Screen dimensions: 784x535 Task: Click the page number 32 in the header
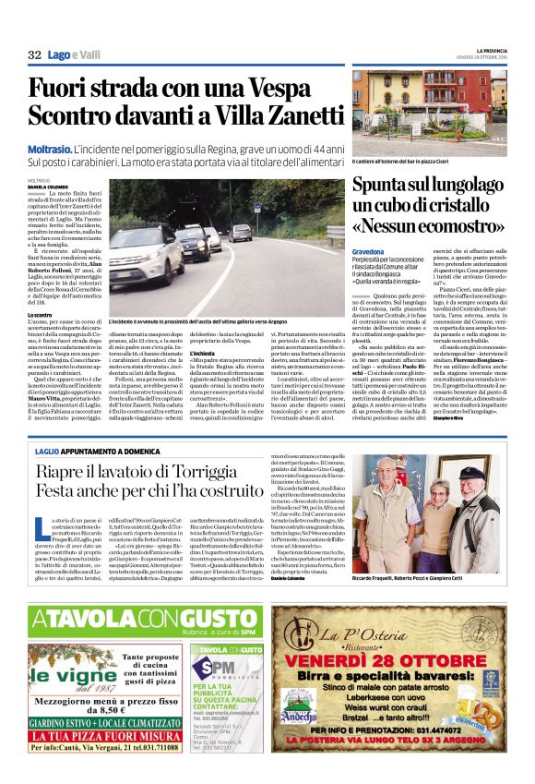pyautogui.click(x=35, y=55)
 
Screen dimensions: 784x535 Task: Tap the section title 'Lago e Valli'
pyautogui.click(x=75, y=55)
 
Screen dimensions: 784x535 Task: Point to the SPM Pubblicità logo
pyautogui.click(x=220, y=669)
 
